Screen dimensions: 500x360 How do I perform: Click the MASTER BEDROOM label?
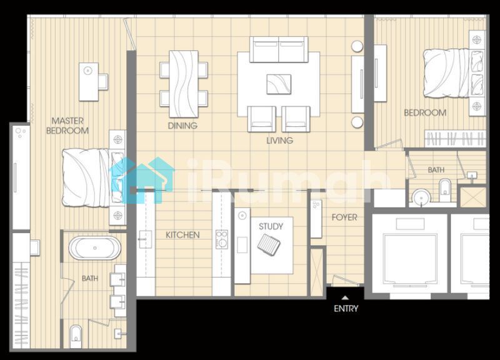point(67,126)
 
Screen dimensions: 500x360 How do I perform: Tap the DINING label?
point(182,126)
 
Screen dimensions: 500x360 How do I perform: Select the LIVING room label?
point(279,140)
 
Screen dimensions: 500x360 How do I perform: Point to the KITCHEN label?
point(182,235)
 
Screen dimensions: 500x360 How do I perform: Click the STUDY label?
point(271,226)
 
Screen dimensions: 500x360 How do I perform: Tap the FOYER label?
point(344,217)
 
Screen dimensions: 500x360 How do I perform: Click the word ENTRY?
point(346,308)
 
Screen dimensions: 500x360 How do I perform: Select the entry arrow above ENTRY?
point(345,298)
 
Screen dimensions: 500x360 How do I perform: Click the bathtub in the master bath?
point(95,247)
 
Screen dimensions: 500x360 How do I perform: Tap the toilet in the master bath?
point(76,336)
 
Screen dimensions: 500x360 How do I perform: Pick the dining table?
point(184,84)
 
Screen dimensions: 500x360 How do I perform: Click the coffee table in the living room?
point(279,84)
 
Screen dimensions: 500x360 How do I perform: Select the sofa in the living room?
point(279,49)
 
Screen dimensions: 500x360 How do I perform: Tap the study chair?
point(269,244)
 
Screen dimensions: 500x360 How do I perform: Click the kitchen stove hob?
point(221,239)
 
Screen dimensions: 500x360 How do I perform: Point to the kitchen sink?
point(146,239)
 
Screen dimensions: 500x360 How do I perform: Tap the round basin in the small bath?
point(421,197)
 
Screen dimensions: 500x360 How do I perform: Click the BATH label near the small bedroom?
point(436,170)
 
